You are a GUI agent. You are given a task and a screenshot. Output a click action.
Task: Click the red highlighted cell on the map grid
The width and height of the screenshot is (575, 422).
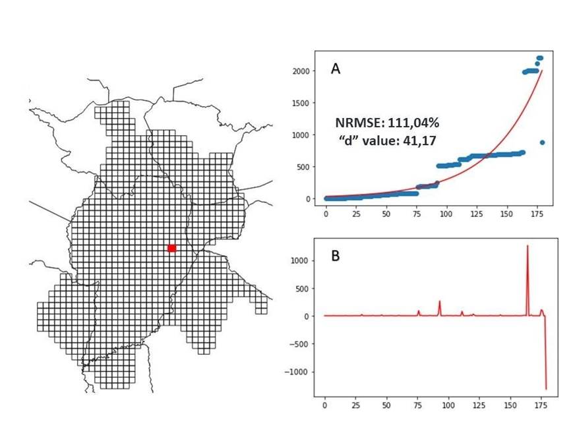(171, 248)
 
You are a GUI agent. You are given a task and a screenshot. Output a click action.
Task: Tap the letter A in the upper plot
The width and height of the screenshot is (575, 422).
(336, 69)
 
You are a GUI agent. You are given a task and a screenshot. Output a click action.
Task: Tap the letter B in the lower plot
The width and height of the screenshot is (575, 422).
(336, 256)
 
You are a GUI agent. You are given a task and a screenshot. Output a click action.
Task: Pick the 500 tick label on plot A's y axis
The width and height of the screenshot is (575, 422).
(305, 167)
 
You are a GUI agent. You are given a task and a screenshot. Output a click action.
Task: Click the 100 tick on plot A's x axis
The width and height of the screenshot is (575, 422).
(446, 215)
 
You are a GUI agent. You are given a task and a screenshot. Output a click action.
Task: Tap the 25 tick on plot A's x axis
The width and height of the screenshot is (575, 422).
(356, 215)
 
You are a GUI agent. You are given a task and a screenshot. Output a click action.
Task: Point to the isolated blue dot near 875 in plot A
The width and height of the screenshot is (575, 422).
(542, 142)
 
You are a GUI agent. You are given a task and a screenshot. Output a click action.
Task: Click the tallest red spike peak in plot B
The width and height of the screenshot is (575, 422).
(528, 246)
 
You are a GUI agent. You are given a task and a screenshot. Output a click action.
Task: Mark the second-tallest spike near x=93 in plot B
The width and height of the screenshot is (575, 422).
(440, 302)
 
